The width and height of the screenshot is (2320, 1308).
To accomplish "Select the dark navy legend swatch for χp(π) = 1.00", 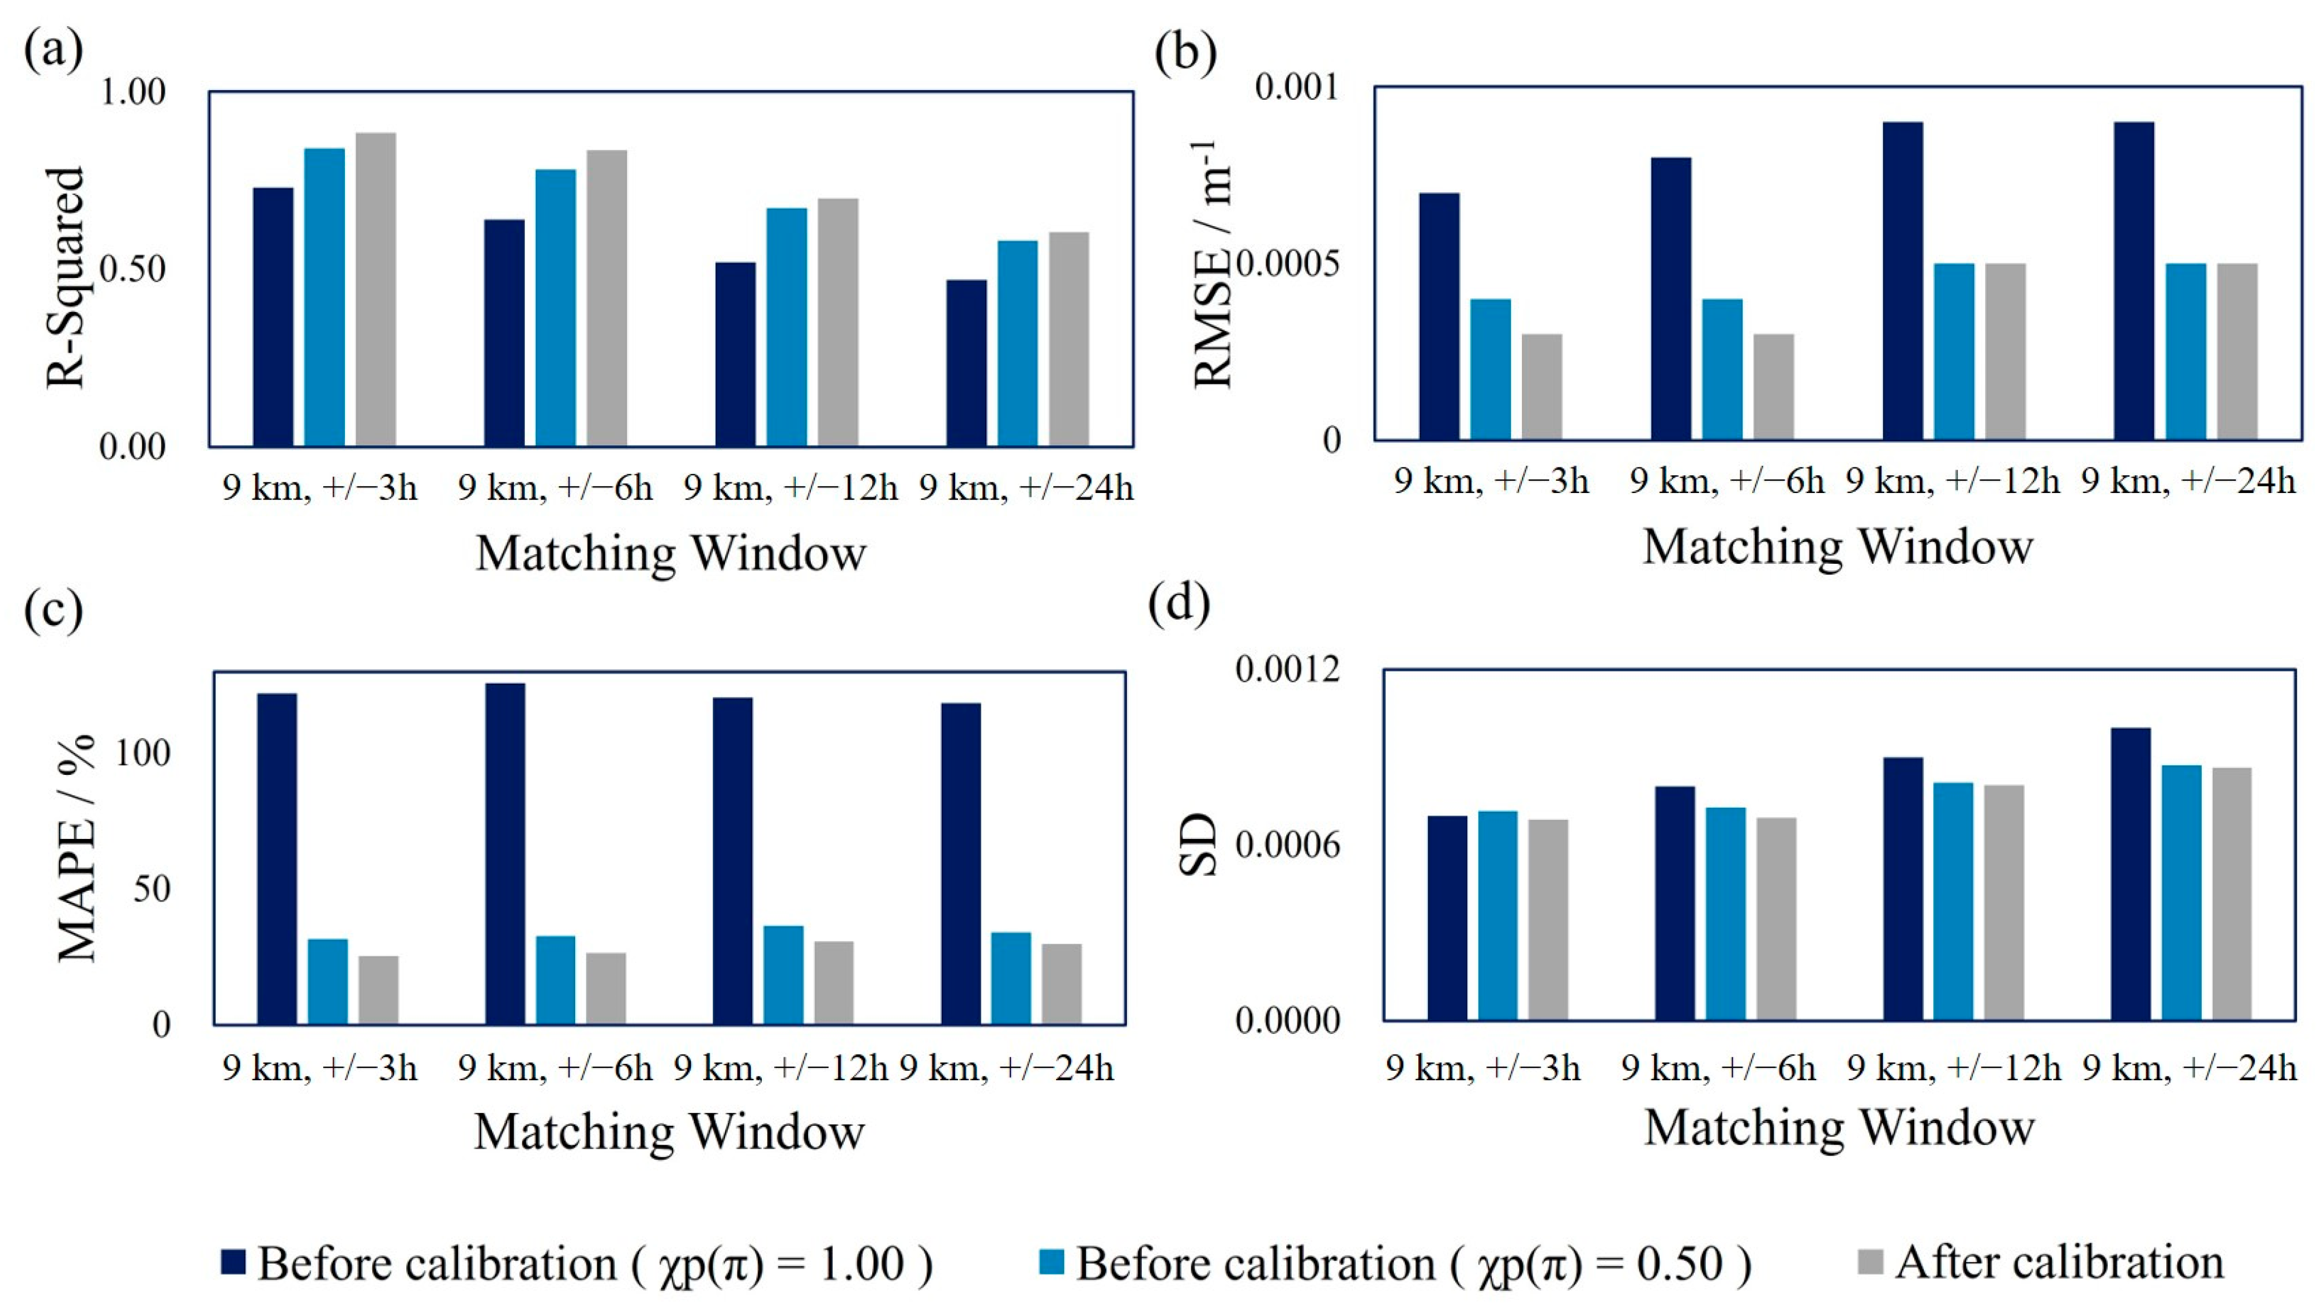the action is (234, 1262).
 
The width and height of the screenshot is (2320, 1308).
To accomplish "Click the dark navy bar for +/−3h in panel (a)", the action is (273, 317).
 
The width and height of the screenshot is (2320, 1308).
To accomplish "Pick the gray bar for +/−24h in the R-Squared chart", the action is (1069, 339).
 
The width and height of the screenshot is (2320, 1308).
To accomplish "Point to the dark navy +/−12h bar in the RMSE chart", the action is (1903, 281).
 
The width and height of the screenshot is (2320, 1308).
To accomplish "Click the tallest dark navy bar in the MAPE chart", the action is (505, 853).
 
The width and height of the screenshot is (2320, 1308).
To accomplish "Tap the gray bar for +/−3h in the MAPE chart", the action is (378, 990).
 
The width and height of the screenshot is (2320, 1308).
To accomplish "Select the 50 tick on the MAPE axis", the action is (150, 889).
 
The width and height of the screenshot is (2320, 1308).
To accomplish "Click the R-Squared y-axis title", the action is (65, 277).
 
